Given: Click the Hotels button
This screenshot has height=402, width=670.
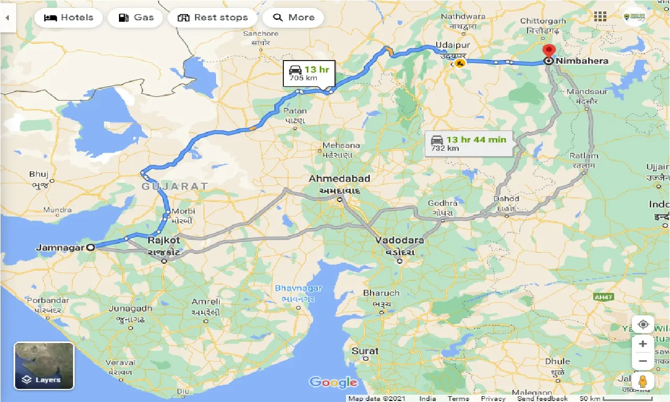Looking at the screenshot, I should tap(68, 17).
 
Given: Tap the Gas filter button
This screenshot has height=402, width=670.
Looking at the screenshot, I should tap(136, 17).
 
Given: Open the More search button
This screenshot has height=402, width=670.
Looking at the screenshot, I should tap(293, 17).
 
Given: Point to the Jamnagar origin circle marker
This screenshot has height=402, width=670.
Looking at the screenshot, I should tap(91, 247).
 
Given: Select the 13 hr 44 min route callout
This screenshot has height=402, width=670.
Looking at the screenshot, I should tap(468, 143).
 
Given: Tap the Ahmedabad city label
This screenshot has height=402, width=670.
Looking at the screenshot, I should tap(339, 179).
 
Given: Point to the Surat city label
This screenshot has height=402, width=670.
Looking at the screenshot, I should tap(365, 351).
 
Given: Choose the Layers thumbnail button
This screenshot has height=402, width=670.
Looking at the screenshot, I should tap(44, 365).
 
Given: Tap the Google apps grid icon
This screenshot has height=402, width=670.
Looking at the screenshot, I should tap(600, 16).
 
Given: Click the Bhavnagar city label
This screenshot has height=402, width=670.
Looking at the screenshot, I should tap(298, 288).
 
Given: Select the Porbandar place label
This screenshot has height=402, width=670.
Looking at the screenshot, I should tap(47, 301).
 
